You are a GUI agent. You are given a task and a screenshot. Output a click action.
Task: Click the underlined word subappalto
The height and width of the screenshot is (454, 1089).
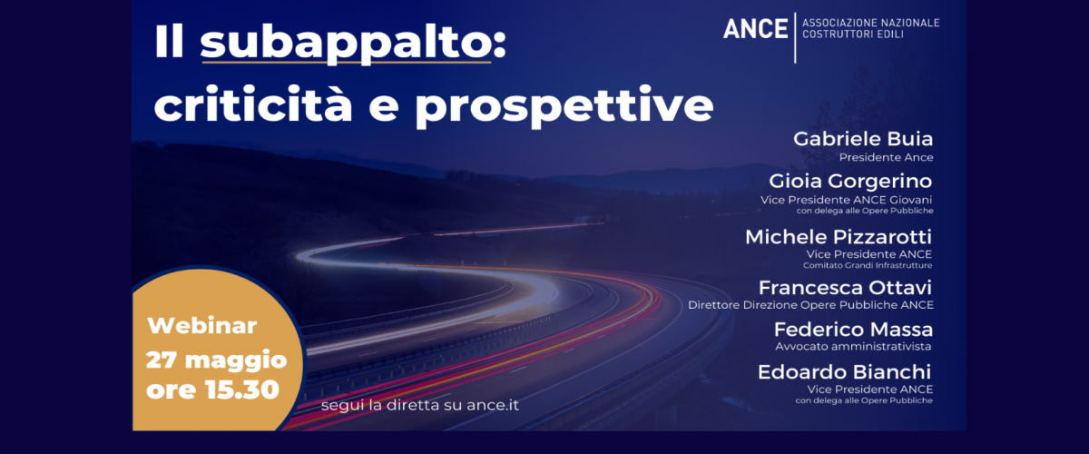coord(346,44)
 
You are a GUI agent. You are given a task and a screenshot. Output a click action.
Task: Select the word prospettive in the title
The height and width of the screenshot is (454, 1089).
coord(564,107)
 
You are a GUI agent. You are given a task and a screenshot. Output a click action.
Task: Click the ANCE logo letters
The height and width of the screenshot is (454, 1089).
coord(755,29)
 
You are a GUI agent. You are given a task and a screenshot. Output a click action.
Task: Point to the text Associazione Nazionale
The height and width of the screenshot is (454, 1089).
coord(870,23)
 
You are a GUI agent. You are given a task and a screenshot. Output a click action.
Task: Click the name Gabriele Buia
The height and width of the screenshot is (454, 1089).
coord(863,139)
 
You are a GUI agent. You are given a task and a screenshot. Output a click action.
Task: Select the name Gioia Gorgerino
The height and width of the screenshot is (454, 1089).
coord(850,181)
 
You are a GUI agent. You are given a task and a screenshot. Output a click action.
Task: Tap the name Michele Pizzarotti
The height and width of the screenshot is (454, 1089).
coord(839,237)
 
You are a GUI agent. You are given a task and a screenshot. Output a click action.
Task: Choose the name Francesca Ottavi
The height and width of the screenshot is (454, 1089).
coord(845,288)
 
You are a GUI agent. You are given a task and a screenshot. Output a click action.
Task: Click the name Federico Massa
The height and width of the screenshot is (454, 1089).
coord(853,330)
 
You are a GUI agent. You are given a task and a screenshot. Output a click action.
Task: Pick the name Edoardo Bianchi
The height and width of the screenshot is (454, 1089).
coord(845,372)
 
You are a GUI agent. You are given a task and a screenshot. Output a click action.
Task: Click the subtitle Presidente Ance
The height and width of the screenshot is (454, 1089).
coord(886,157)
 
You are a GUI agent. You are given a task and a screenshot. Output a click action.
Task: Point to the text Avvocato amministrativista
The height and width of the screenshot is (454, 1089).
coord(853,347)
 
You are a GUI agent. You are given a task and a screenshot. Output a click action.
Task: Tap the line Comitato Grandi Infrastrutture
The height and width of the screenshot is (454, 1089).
coord(868,265)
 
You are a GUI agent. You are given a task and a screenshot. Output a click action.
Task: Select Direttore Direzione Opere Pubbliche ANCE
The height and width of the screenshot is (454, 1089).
coord(810,305)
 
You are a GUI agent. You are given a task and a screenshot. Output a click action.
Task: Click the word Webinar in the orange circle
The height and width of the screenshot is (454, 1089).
coord(202,326)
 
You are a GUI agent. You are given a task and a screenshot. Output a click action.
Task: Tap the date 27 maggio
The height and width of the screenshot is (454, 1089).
coord(216,360)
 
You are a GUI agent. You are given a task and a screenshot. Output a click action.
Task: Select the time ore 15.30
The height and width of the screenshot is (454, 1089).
coord(213,390)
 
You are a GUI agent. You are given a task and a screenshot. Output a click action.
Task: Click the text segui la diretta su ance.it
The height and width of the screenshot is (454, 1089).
coord(420,405)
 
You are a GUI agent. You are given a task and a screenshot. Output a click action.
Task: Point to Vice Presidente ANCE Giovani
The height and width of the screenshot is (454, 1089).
coord(847,200)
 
